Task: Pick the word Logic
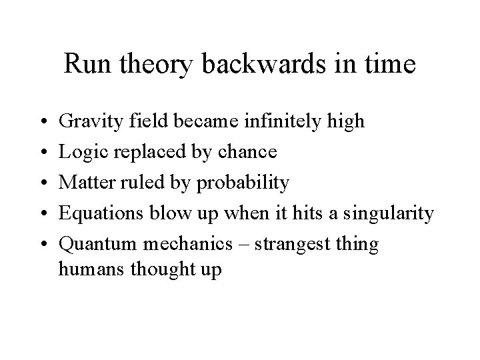click(x=81, y=153)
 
